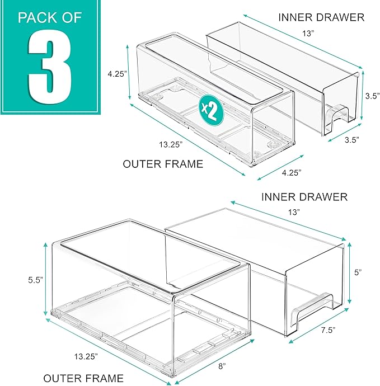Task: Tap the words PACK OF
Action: [x=50, y=18]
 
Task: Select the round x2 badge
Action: [x=211, y=110]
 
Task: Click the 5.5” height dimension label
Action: [x=36, y=280]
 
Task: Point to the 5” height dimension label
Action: [x=358, y=272]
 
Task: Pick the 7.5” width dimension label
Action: [x=329, y=330]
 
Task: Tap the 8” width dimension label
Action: [x=222, y=366]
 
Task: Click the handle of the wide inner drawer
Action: [x=312, y=310]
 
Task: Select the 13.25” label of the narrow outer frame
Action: [x=171, y=144]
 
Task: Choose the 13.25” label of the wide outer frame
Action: [x=86, y=356]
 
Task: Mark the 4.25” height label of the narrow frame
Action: [x=117, y=74]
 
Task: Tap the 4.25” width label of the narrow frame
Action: [x=292, y=172]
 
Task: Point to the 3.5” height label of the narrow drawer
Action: [x=372, y=96]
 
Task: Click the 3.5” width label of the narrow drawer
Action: [x=351, y=140]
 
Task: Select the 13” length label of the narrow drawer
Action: [x=308, y=33]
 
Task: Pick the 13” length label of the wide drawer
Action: [x=294, y=212]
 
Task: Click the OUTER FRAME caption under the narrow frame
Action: [x=163, y=164]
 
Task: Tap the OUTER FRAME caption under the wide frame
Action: [x=83, y=378]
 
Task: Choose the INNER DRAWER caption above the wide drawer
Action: [x=304, y=197]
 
